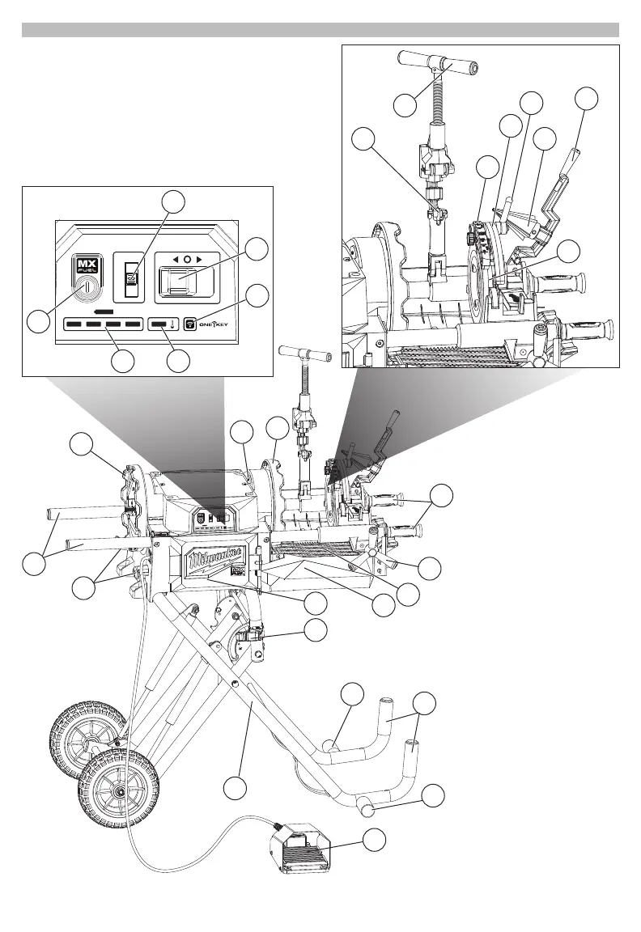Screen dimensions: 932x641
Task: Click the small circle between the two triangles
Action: pyautogui.click(x=187, y=260)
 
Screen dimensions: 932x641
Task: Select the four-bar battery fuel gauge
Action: pyautogui.click(x=101, y=325)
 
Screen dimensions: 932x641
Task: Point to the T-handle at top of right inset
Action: pyautogui.click(x=437, y=61)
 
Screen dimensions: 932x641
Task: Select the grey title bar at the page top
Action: pyautogui.click(x=320, y=30)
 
